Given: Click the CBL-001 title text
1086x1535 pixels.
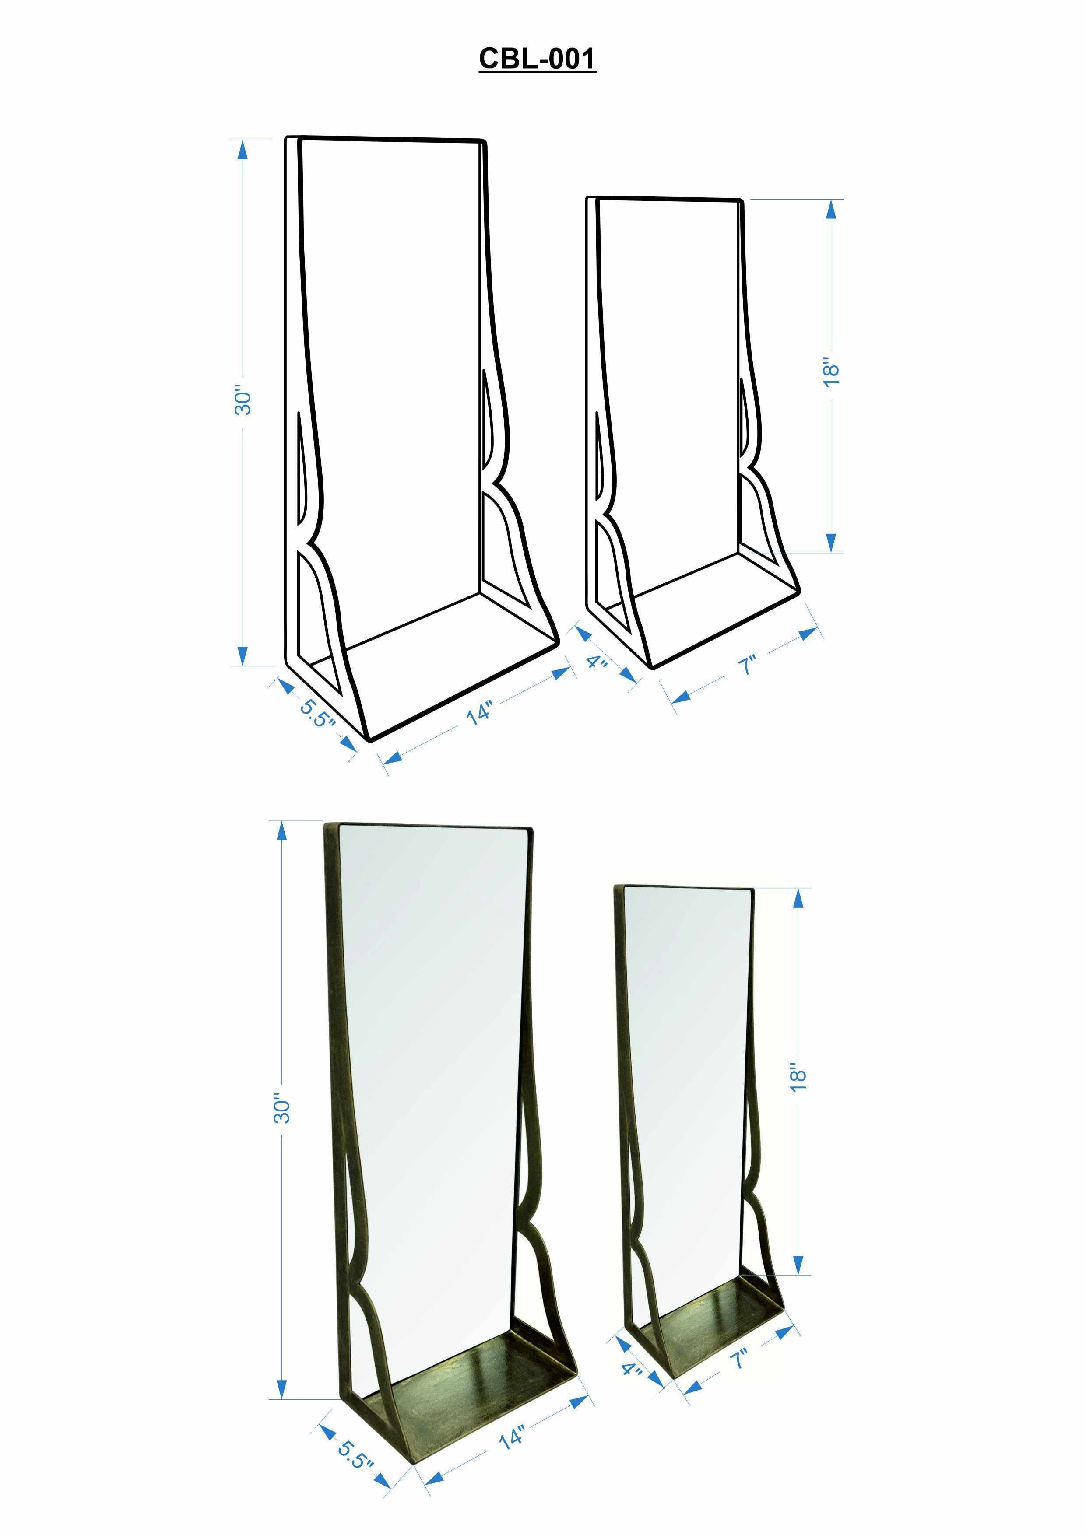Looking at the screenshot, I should point(537,58).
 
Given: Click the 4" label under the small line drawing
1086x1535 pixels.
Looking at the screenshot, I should point(597,662).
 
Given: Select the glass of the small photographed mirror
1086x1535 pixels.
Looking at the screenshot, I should point(685,1070).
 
